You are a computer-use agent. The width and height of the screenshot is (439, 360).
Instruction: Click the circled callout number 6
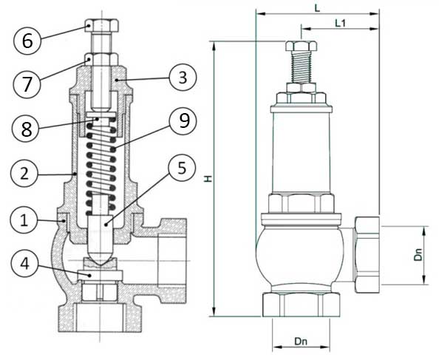click(27, 41)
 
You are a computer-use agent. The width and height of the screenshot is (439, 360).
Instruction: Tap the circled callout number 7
click(27, 84)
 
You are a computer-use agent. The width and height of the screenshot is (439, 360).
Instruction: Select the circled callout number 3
click(183, 78)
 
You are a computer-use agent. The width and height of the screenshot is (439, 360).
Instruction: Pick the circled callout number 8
click(26, 129)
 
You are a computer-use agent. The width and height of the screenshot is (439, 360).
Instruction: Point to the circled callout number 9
click(183, 121)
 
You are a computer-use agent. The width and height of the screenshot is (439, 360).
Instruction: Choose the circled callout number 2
click(24, 174)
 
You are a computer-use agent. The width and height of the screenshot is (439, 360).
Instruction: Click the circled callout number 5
click(182, 168)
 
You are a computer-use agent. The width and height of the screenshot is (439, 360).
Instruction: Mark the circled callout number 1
click(24, 221)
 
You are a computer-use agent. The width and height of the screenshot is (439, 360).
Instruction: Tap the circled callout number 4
click(24, 263)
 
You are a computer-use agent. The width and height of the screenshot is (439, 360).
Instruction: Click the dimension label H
click(208, 178)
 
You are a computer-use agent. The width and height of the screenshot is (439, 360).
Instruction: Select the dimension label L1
click(341, 23)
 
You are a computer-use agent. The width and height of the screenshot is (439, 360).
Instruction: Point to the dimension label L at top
click(317, 8)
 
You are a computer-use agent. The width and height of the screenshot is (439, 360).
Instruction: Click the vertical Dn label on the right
click(418, 254)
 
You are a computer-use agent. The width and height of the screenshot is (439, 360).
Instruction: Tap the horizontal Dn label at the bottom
click(301, 342)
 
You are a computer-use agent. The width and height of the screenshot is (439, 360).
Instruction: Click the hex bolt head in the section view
click(102, 24)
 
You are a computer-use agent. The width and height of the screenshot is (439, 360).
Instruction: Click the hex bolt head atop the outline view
click(302, 46)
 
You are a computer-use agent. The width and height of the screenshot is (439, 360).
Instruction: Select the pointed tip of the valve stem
click(101, 264)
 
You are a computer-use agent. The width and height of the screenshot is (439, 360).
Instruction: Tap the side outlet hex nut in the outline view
click(367, 255)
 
